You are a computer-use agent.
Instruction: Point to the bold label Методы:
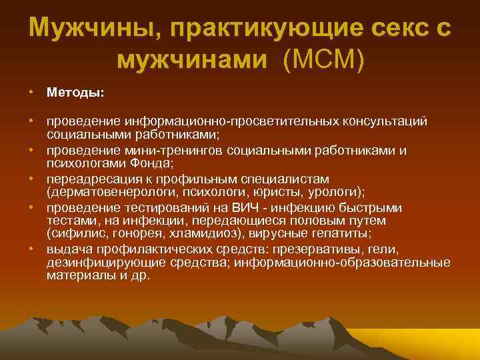(x=75, y=93)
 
